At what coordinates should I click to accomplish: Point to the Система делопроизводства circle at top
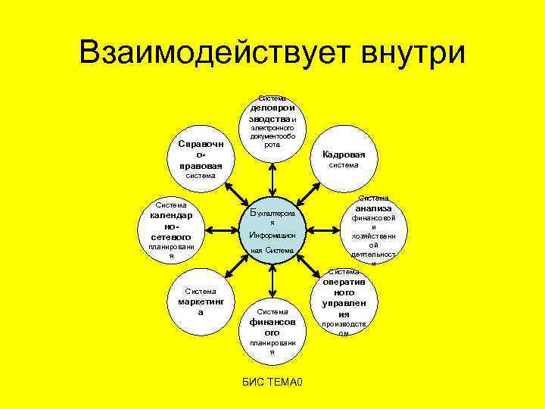pos(272,125)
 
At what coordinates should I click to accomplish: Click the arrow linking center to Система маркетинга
pos(236,266)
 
